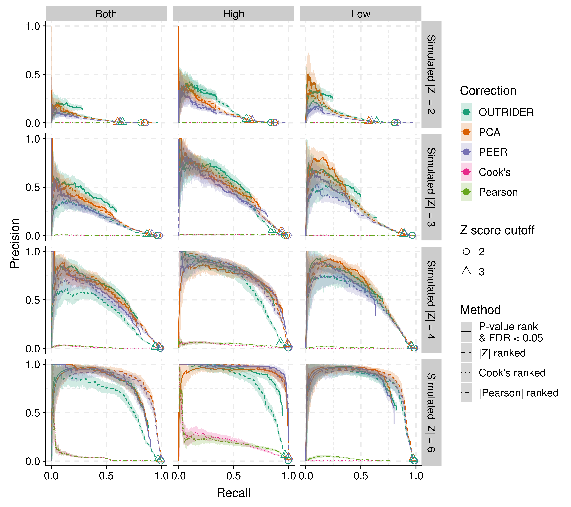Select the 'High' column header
click(234, 14)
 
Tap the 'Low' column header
click(361, 14)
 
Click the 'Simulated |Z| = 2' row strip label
click(431, 75)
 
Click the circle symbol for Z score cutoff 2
click(466, 252)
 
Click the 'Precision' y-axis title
click(15, 243)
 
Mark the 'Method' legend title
click(480, 310)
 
